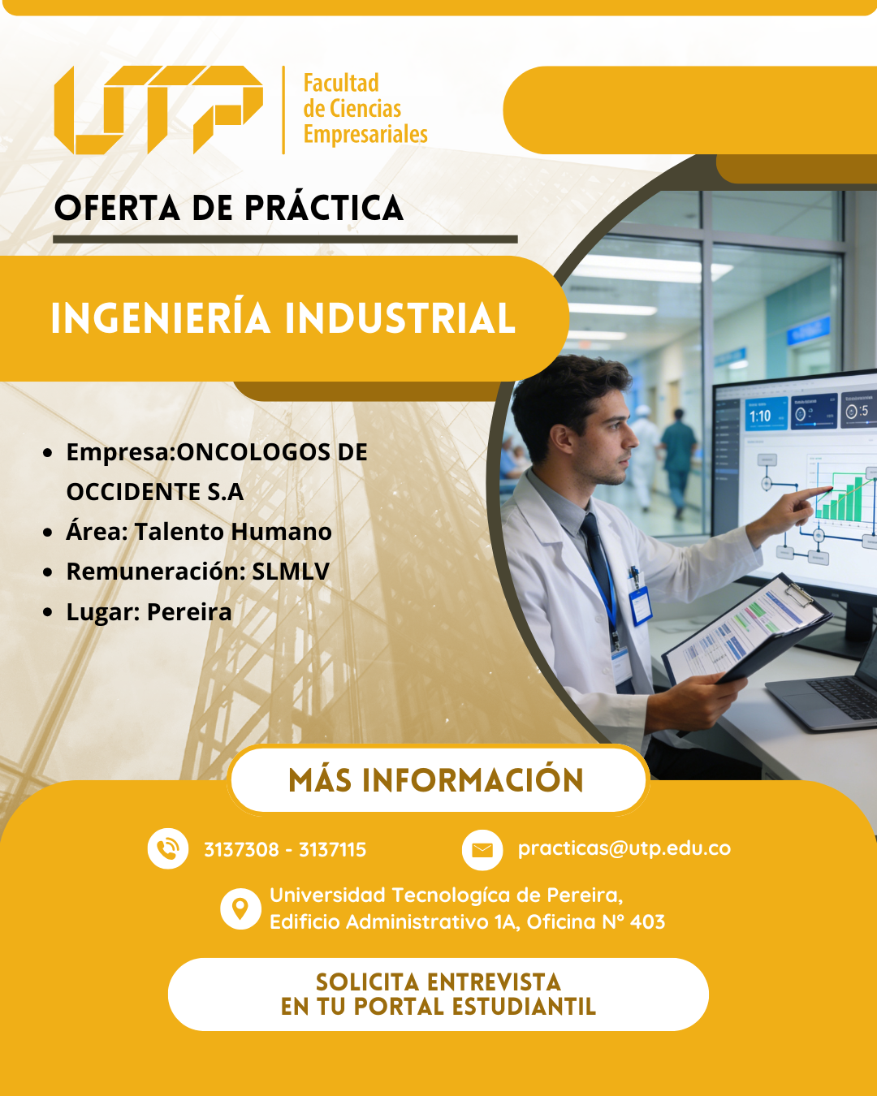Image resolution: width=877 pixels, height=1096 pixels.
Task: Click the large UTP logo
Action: (x=158, y=110)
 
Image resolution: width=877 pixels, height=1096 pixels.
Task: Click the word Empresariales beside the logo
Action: (x=365, y=135)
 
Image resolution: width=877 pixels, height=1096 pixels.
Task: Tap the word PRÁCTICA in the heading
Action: (x=324, y=209)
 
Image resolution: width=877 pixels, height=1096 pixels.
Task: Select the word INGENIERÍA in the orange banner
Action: (x=161, y=318)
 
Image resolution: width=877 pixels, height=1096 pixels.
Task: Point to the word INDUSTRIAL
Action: (x=400, y=318)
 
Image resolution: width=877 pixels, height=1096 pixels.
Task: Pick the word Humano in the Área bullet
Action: (x=281, y=531)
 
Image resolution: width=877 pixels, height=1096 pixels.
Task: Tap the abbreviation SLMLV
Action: (x=291, y=572)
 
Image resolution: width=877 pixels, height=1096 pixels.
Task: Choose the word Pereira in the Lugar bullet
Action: (x=189, y=611)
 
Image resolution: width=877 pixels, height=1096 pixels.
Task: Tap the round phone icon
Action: (x=167, y=849)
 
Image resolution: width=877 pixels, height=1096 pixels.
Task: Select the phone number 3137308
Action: (x=241, y=849)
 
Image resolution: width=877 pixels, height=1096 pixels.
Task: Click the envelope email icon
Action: (x=482, y=850)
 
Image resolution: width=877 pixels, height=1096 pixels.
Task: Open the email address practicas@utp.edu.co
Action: (x=624, y=848)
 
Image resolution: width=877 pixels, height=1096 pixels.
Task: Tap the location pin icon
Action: (x=240, y=909)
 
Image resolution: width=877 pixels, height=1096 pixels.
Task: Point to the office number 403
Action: (x=647, y=921)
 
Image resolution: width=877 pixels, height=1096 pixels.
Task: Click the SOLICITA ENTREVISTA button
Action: (x=438, y=995)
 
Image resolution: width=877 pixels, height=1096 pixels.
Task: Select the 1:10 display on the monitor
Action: (x=760, y=416)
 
